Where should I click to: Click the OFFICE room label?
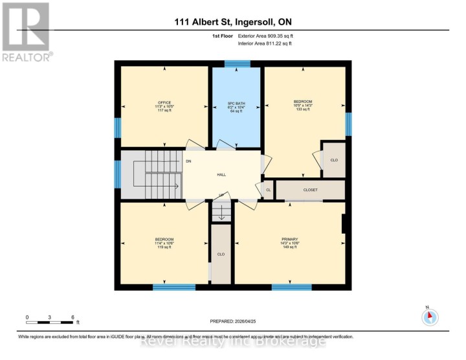[x=164, y=102]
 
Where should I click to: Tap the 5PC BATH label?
[x=236, y=102]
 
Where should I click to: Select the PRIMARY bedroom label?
[x=289, y=238]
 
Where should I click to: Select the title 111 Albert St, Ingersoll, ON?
[x=232, y=22]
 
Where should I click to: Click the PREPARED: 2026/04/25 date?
[x=233, y=321]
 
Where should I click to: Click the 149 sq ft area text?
[x=289, y=247]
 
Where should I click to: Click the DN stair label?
[x=188, y=161]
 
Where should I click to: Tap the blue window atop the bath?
[x=237, y=63]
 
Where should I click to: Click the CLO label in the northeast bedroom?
[x=334, y=159]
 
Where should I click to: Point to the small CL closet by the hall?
[x=268, y=190]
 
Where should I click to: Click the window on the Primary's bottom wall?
[x=291, y=287]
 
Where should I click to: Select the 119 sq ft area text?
[x=164, y=247]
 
